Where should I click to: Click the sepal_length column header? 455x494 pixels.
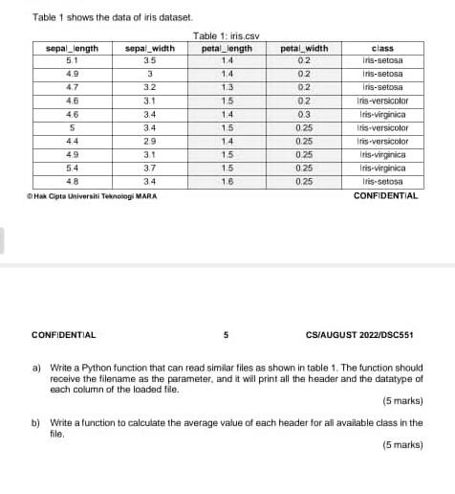(73, 48)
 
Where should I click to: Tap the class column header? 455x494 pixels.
(382, 48)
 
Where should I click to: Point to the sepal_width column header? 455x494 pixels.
(150, 48)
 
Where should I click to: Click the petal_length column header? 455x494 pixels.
(227, 48)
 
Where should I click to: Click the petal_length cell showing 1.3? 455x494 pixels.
(227, 86)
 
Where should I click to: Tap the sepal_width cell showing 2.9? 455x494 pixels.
(150, 140)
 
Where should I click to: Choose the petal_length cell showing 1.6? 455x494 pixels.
(227, 180)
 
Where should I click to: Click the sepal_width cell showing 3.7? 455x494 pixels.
(150, 167)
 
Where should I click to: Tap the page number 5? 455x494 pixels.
(227, 335)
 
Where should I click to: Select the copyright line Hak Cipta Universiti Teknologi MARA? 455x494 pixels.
(93, 195)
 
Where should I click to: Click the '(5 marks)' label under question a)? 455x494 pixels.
(402, 400)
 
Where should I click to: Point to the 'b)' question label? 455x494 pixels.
(36, 422)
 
